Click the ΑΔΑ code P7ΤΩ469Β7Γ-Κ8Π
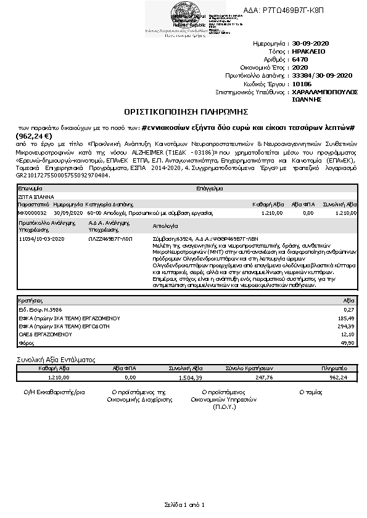click(296, 10)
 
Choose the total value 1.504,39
click(191, 378)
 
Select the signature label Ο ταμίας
click(311, 391)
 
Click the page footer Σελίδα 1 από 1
click(184, 504)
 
